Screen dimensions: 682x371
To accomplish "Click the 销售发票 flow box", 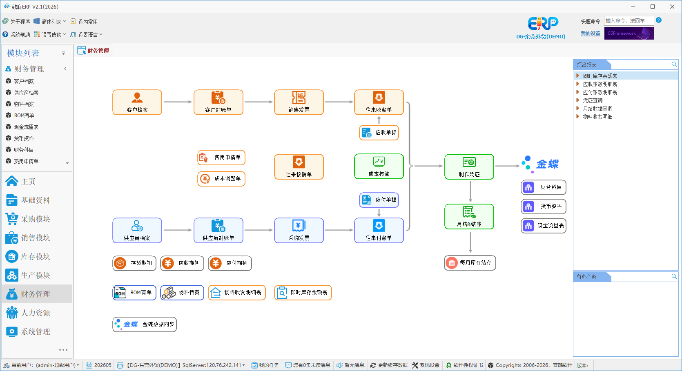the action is [299, 102].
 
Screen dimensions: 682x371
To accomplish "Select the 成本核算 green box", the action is [379, 167].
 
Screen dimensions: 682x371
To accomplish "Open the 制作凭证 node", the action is [469, 167].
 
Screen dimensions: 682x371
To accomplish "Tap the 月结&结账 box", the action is [469, 216].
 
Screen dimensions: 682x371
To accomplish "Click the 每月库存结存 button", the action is [470, 263].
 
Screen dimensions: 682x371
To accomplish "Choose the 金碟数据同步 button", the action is [144, 324].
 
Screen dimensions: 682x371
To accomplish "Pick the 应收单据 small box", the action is [379, 133].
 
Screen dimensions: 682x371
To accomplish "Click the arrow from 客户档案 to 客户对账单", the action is [178, 102].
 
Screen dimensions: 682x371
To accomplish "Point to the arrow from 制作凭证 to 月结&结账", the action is [470, 192].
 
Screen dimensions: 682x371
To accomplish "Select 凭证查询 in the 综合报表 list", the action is [593, 100].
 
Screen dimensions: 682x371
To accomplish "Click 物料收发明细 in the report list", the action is [597, 117].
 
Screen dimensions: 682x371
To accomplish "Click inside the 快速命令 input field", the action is [629, 21].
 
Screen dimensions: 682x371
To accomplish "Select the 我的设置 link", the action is [591, 33].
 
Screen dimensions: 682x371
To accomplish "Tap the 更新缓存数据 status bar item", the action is [389, 365].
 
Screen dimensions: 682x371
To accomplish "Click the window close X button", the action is [672, 7].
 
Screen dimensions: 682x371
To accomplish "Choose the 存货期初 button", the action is [134, 263].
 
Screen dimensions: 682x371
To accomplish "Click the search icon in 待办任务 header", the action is [674, 276].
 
